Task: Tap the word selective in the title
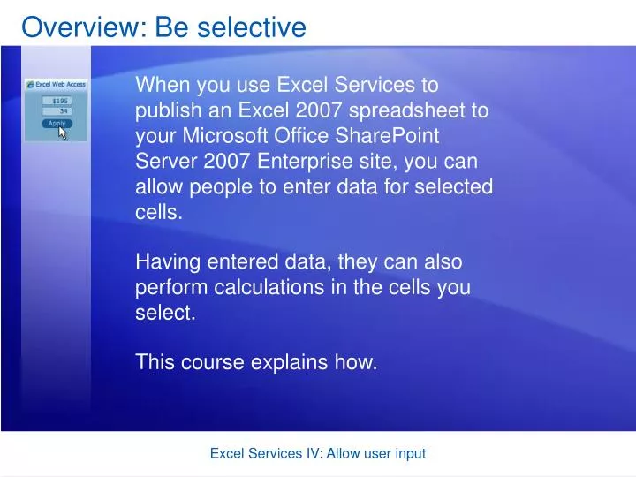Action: (x=254, y=27)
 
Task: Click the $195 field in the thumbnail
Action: (x=58, y=101)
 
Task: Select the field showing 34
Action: (x=58, y=112)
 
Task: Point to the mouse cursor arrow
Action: (x=63, y=132)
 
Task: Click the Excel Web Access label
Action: (x=61, y=85)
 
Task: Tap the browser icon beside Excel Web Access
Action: (x=31, y=85)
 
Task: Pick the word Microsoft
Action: (x=218, y=137)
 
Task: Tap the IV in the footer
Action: (x=313, y=453)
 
